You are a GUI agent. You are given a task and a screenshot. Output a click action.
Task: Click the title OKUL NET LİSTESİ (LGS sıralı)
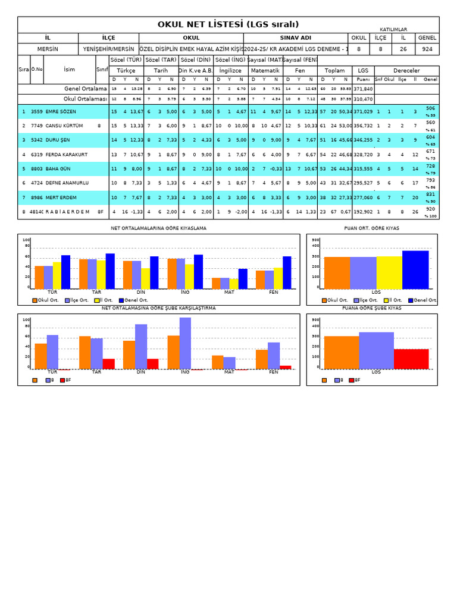228,24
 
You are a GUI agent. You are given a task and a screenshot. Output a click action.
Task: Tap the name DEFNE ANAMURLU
67,183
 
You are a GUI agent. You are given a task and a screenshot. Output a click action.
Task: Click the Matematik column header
264,70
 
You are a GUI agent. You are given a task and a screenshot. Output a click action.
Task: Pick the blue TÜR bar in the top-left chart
65,272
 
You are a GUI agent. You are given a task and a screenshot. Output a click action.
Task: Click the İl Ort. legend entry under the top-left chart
105,300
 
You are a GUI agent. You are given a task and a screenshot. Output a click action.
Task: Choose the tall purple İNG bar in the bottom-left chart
185,343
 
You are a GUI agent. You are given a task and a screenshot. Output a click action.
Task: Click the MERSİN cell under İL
48,49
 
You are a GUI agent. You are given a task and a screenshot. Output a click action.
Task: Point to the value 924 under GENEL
427,49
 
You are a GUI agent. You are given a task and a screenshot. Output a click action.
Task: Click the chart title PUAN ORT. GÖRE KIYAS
371,228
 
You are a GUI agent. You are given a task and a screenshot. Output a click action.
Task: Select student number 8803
37,169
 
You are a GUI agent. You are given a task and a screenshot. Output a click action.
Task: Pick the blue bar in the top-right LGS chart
415,269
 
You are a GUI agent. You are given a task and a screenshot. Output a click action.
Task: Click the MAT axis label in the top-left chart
229,292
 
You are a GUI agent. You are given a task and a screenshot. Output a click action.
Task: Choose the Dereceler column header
406,70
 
